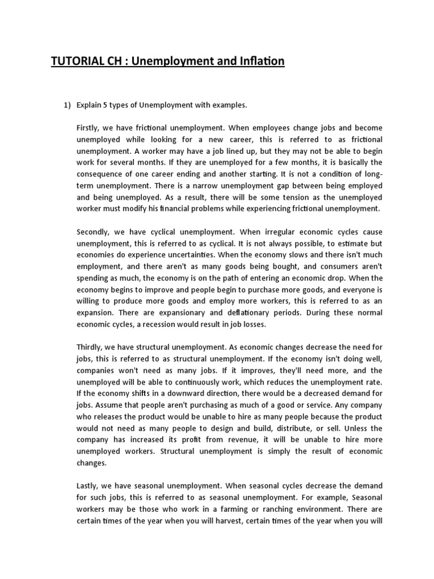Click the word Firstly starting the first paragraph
88,128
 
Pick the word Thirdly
89,347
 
